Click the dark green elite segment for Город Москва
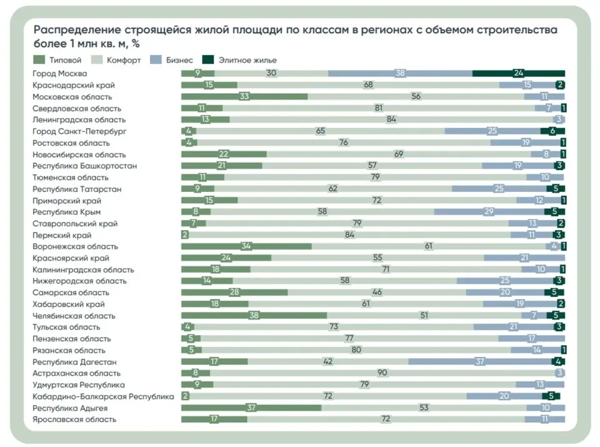point(519,73)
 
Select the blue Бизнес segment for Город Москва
point(400,73)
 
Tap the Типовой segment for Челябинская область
point(254,315)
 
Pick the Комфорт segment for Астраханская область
point(383,373)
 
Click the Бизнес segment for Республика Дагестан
point(480,361)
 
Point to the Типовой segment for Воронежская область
point(246,246)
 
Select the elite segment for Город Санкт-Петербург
point(552,131)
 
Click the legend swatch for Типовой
point(39,59)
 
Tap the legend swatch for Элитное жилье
point(207,59)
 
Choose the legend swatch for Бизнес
point(156,59)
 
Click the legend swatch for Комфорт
point(97,59)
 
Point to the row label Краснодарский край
point(74,85)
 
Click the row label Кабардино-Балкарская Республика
point(103,396)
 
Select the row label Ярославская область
point(74,419)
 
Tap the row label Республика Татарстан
point(77,189)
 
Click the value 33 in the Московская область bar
point(244,96)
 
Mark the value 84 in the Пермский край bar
point(349,234)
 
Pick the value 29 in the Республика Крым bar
point(489,212)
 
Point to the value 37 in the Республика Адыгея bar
point(251,408)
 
